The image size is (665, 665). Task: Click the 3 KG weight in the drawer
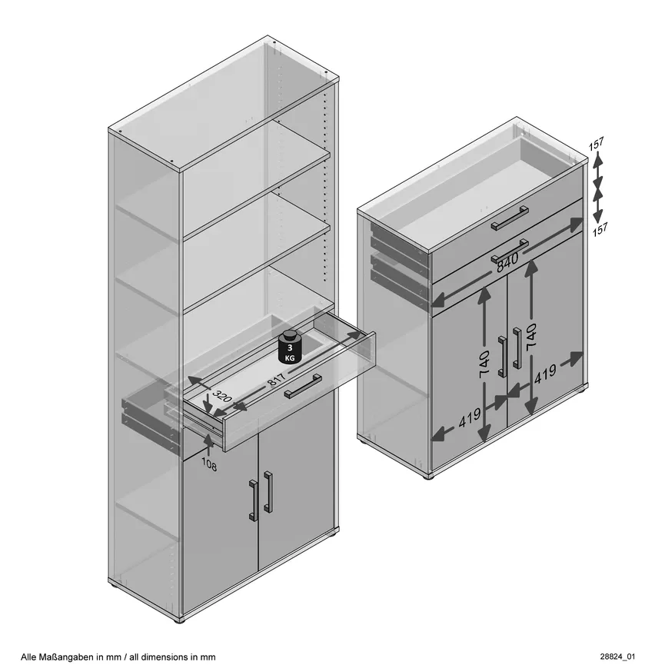point(290,347)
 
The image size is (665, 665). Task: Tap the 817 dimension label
point(277,379)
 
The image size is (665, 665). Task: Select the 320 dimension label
point(222,397)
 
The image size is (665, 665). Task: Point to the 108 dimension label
point(208,464)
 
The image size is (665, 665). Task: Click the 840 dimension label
point(507,261)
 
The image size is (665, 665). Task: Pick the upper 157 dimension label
point(596,144)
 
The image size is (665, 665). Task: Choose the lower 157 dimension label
point(600,229)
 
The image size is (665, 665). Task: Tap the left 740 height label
point(484,364)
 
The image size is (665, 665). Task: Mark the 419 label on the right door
point(544,374)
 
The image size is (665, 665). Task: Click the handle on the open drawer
point(303,386)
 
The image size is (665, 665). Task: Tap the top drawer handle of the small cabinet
point(510,218)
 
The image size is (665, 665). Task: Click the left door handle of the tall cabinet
point(253,500)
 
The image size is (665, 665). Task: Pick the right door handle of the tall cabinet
point(268,491)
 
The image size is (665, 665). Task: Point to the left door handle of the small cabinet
point(502,356)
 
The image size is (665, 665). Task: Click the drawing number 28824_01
point(617,657)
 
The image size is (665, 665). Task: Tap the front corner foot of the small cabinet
point(430,477)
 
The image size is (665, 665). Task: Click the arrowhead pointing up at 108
point(208,440)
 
